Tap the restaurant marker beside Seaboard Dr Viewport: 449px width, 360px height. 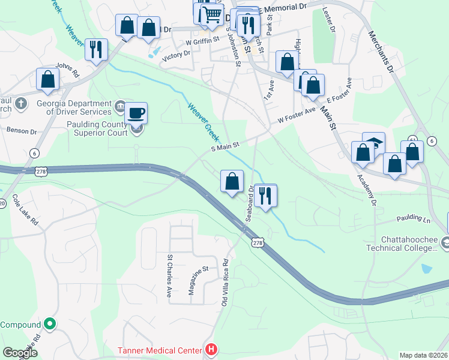tap(265, 196)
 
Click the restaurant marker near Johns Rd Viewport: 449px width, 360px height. tap(96, 50)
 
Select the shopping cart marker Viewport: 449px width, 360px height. tap(211, 14)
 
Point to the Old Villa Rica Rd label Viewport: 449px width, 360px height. tap(226, 281)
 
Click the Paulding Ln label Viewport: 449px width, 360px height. tap(412, 220)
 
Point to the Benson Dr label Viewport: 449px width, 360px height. tap(22, 130)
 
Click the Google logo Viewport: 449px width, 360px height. tap(19, 353)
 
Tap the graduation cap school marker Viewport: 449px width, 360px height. tap(373, 145)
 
